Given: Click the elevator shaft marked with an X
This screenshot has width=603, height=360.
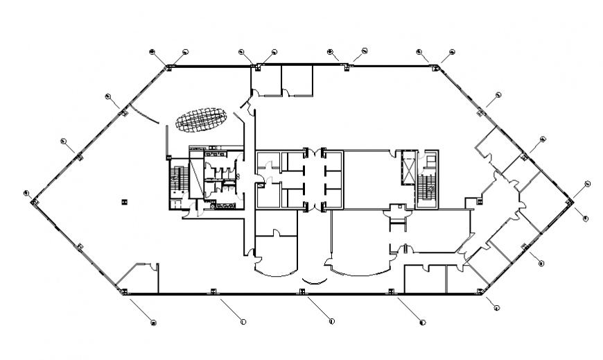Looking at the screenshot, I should tap(407, 169).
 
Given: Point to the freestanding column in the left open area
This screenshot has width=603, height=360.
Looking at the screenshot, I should tap(124, 201).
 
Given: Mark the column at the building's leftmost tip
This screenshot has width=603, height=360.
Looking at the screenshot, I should tap(33, 201).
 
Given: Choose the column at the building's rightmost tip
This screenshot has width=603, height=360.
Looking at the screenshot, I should tap(569, 201).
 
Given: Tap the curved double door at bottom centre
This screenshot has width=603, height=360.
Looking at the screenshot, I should tap(313, 280).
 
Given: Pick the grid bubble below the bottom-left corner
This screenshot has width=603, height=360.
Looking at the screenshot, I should tap(153, 322).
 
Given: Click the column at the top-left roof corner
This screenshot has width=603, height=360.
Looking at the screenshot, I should tap(168, 67).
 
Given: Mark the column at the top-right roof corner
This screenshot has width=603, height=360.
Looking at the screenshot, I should tap(435, 67).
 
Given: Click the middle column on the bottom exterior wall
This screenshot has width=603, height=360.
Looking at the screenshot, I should tap(301, 291).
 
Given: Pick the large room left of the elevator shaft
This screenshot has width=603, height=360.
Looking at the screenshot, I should tap(371, 179).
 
